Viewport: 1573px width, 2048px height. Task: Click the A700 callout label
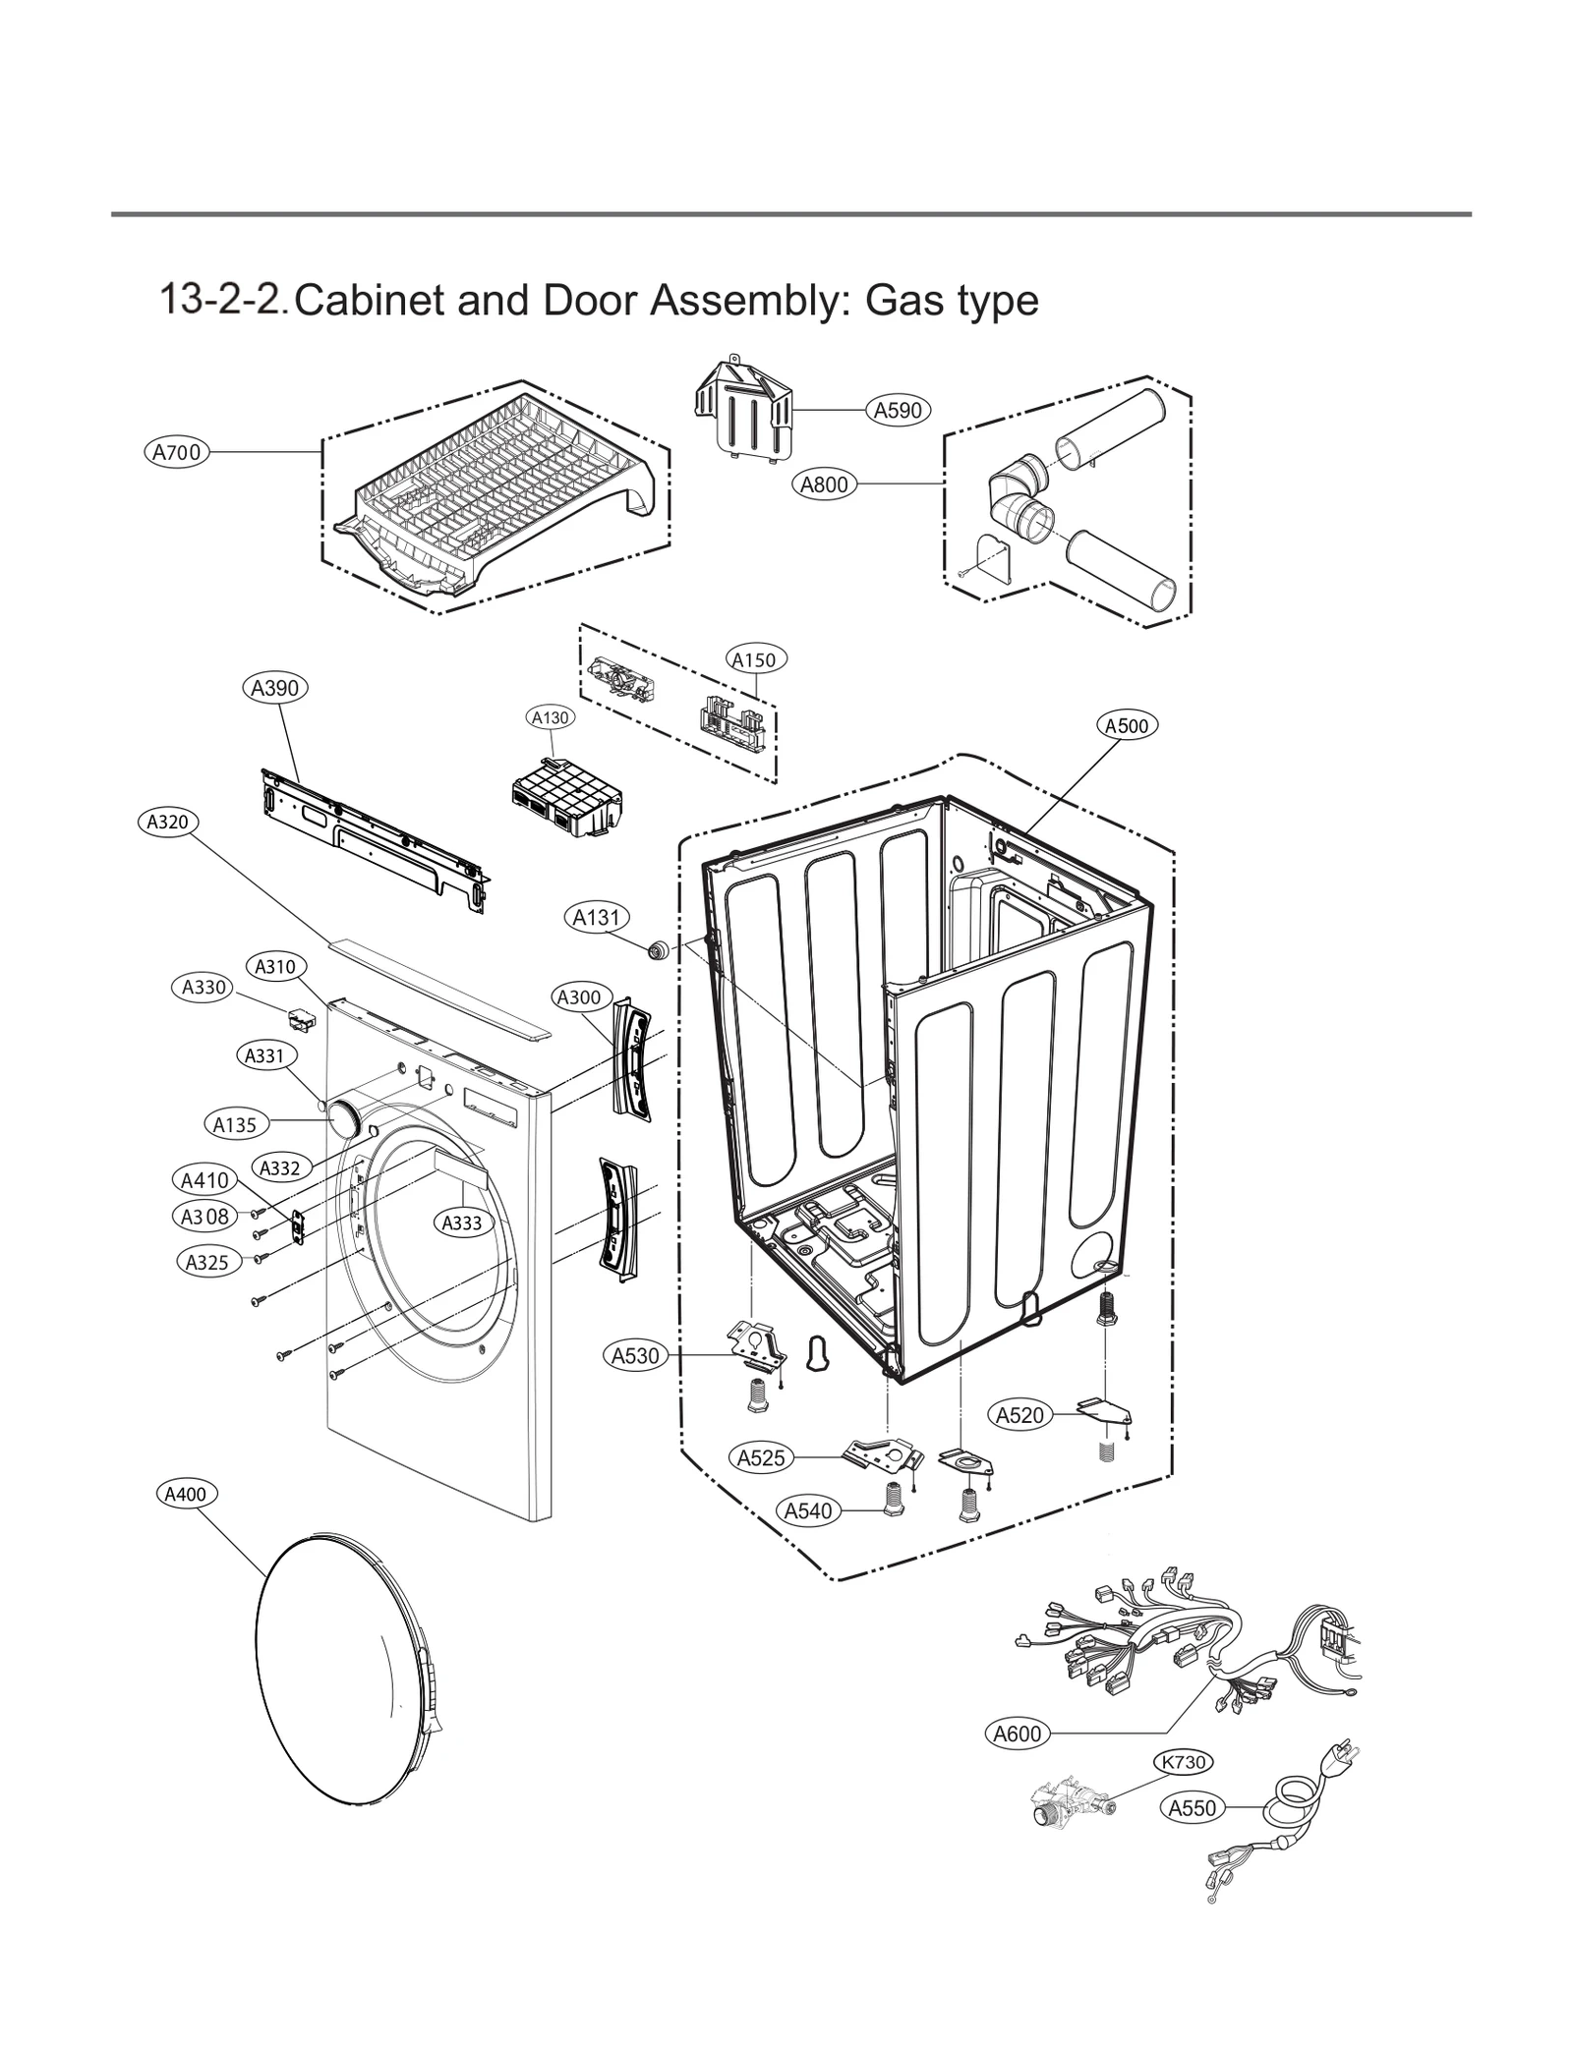click(177, 452)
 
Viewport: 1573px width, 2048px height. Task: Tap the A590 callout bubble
click(897, 410)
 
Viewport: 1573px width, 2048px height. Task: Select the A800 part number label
click(824, 484)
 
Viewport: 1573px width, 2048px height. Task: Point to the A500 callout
click(1126, 725)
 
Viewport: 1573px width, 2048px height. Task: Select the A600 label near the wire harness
click(1017, 1734)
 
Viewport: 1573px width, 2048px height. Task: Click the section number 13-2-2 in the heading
click(223, 298)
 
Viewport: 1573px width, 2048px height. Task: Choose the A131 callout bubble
click(597, 917)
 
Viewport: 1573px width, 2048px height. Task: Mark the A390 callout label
click(274, 688)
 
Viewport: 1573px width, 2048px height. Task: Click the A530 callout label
click(635, 1356)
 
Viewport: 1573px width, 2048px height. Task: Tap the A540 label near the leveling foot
click(807, 1510)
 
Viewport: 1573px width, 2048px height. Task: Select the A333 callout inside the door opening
click(461, 1223)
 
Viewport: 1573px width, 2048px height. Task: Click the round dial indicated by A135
click(344, 1119)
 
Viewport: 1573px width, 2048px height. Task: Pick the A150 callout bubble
click(754, 659)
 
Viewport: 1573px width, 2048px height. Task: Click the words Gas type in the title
click(951, 300)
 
